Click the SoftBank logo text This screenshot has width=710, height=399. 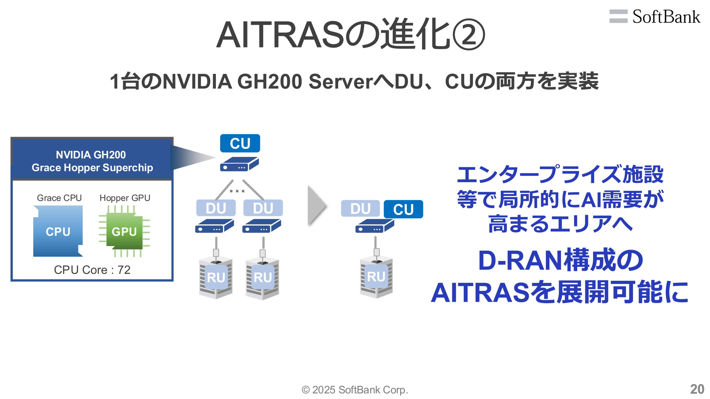pyautogui.click(x=666, y=17)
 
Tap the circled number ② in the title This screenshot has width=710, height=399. pyautogui.click(x=468, y=35)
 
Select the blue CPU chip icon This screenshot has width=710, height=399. pyautogui.click(x=58, y=231)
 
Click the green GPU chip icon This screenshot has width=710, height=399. pyautogui.click(x=124, y=232)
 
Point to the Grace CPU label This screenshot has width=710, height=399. pyautogui.click(x=59, y=198)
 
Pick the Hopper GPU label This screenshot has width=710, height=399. pyautogui.click(x=125, y=198)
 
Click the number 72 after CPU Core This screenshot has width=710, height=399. pyautogui.click(x=124, y=270)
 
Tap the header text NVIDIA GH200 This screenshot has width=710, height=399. pyautogui.click(x=91, y=155)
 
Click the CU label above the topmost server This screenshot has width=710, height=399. pyautogui.click(x=240, y=143)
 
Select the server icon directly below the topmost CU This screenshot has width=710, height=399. pyautogui.click(x=239, y=164)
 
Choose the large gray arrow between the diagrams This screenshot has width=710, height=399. pyautogui.click(x=317, y=205)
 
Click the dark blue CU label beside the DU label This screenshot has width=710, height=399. pyautogui.click(x=403, y=209)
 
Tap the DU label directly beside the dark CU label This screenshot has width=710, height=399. pyautogui.click(x=360, y=209)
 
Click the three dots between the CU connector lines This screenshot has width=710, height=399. pyautogui.click(x=237, y=191)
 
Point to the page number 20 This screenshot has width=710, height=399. pyautogui.click(x=697, y=389)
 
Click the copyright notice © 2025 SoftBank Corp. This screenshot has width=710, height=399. pyautogui.click(x=355, y=390)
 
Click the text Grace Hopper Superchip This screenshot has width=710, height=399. pyautogui.click(x=92, y=168)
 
